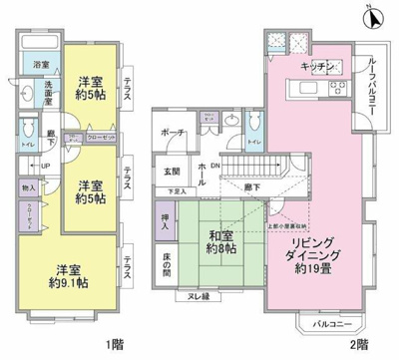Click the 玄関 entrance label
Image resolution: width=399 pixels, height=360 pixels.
coord(172,171)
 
